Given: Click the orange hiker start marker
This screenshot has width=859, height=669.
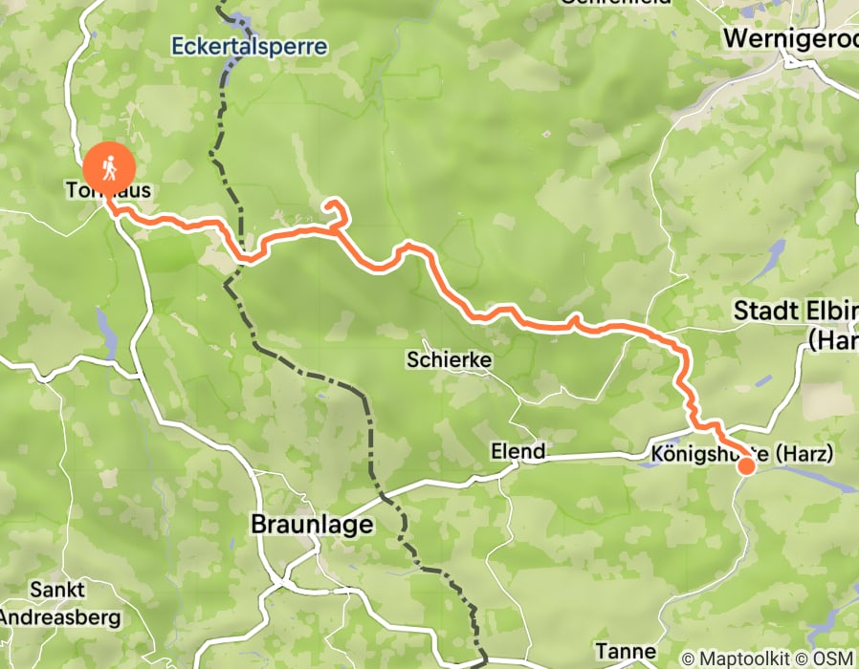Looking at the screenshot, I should coord(109,169).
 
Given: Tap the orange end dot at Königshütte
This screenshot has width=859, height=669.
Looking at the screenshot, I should coord(745,466).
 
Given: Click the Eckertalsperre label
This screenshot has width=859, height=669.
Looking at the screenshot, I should coord(250,46).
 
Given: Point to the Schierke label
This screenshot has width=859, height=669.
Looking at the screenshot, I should coord(449,360).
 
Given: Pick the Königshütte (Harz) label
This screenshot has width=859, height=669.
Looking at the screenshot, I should coord(740,451).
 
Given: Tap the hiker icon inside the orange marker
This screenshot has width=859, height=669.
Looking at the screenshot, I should coord(109,168).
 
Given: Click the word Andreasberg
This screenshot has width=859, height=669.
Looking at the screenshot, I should coord(59,616).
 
